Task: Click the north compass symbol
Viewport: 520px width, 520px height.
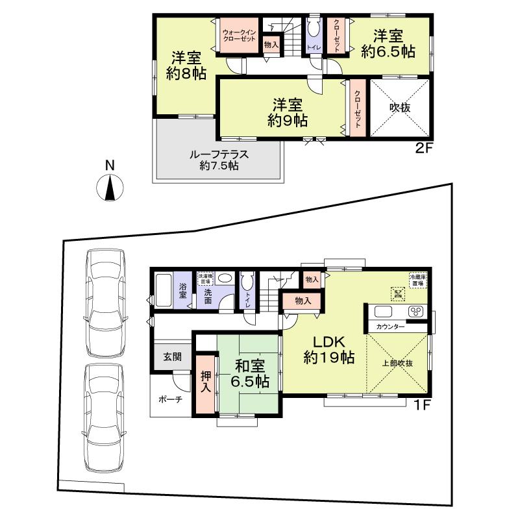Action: click(110, 188)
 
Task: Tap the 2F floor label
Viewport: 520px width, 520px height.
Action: click(423, 148)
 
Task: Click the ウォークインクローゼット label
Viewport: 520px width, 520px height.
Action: click(240, 35)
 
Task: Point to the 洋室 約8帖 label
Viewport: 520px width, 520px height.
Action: click(186, 65)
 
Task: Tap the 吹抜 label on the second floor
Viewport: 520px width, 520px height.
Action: click(400, 108)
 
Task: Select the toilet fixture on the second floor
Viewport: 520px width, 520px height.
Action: click(313, 30)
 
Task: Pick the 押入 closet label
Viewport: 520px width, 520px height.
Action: click(206, 382)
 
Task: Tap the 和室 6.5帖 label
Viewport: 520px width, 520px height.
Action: click(249, 373)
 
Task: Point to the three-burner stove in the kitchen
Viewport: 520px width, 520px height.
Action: click(415, 311)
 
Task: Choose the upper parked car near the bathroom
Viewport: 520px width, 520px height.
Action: click(105, 303)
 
